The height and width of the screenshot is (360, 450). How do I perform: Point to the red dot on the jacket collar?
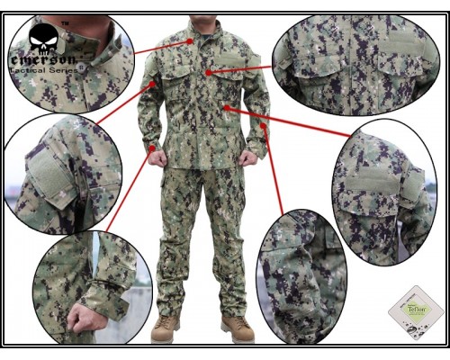(191, 40)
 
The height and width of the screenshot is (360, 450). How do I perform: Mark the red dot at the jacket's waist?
(225, 107)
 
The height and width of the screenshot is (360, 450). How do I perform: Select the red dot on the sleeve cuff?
(154, 148)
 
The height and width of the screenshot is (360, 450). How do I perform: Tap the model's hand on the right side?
(248, 158)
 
